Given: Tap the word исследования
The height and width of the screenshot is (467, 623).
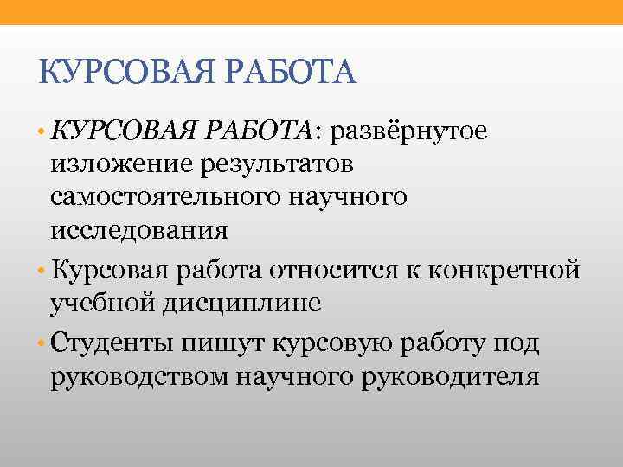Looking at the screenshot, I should tap(139, 231).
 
